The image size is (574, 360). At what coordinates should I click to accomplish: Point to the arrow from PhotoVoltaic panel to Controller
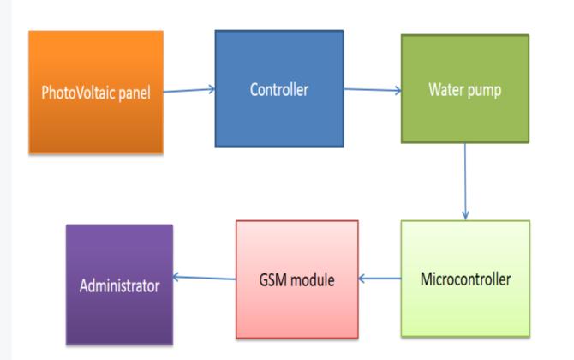coord(188,89)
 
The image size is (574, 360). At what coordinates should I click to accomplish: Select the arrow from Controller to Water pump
coord(373,89)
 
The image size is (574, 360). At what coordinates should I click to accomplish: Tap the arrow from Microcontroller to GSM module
coord(379,279)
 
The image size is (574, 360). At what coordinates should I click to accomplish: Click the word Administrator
coord(119,285)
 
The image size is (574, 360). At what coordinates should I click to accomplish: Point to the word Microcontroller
coord(466,279)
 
